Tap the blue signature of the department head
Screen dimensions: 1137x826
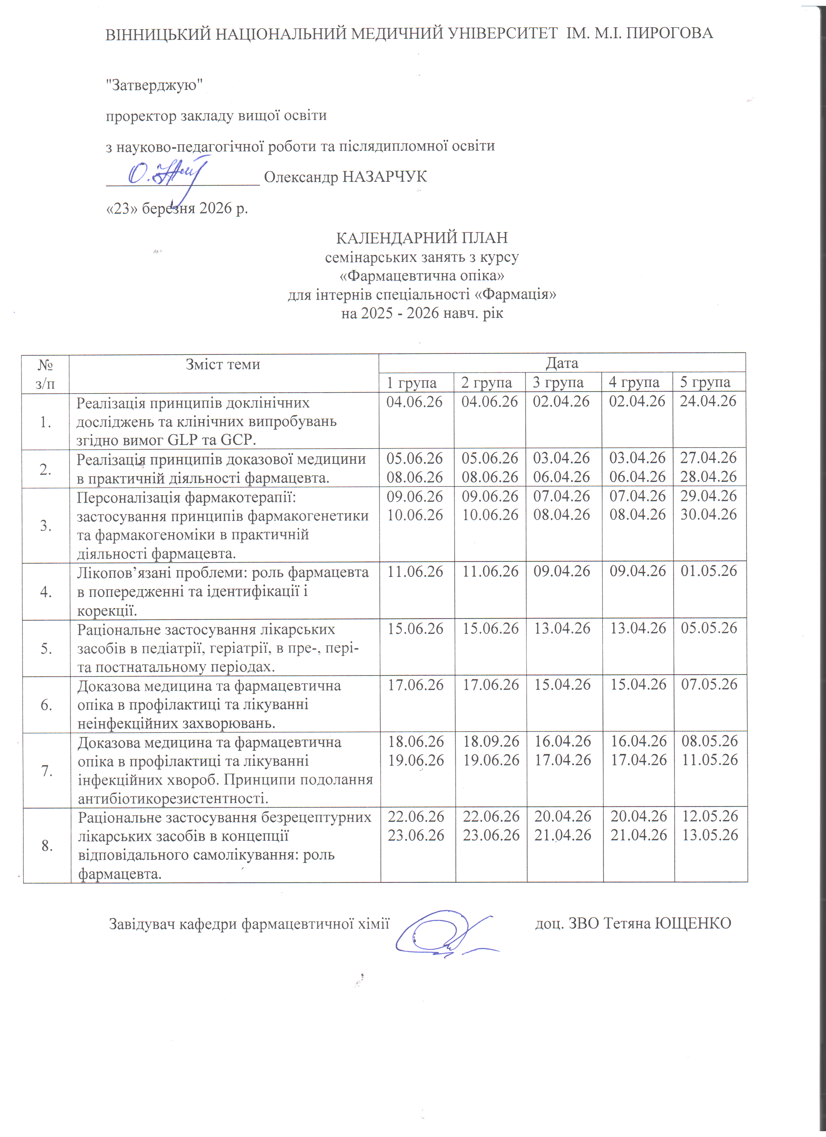tap(446, 932)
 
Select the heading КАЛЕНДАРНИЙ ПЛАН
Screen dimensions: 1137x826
tap(422, 237)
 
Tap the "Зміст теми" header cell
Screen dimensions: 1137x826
tap(223, 364)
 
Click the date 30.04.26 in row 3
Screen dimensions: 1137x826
tap(709, 514)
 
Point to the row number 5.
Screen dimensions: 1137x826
tap(46, 649)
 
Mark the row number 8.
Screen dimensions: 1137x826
tap(47, 846)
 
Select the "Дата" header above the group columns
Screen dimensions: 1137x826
tap(562, 363)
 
